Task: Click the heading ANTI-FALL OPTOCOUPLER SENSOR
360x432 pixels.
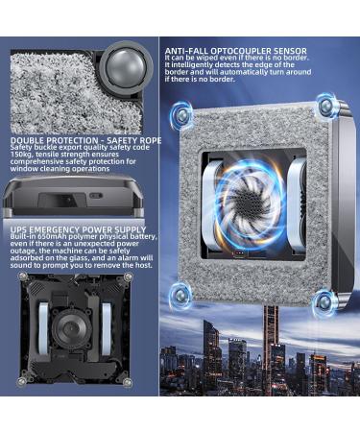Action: click(x=236, y=51)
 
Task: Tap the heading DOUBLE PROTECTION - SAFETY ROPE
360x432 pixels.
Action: click(x=85, y=140)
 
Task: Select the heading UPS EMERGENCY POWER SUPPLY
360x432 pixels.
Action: click(x=78, y=229)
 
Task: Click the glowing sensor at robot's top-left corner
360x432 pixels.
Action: click(x=181, y=114)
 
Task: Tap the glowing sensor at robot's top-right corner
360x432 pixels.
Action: click(x=325, y=104)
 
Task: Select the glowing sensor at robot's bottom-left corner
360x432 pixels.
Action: click(x=180, y=295)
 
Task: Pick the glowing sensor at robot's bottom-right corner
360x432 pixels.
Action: click(x=324, y=301)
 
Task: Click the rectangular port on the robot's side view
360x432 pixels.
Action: click(x=62, y=200)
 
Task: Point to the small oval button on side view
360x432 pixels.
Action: click(x=96, y=196)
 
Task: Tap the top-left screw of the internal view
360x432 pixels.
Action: click(x=22, y=276)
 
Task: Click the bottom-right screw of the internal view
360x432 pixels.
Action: click(x=128, y=381)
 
